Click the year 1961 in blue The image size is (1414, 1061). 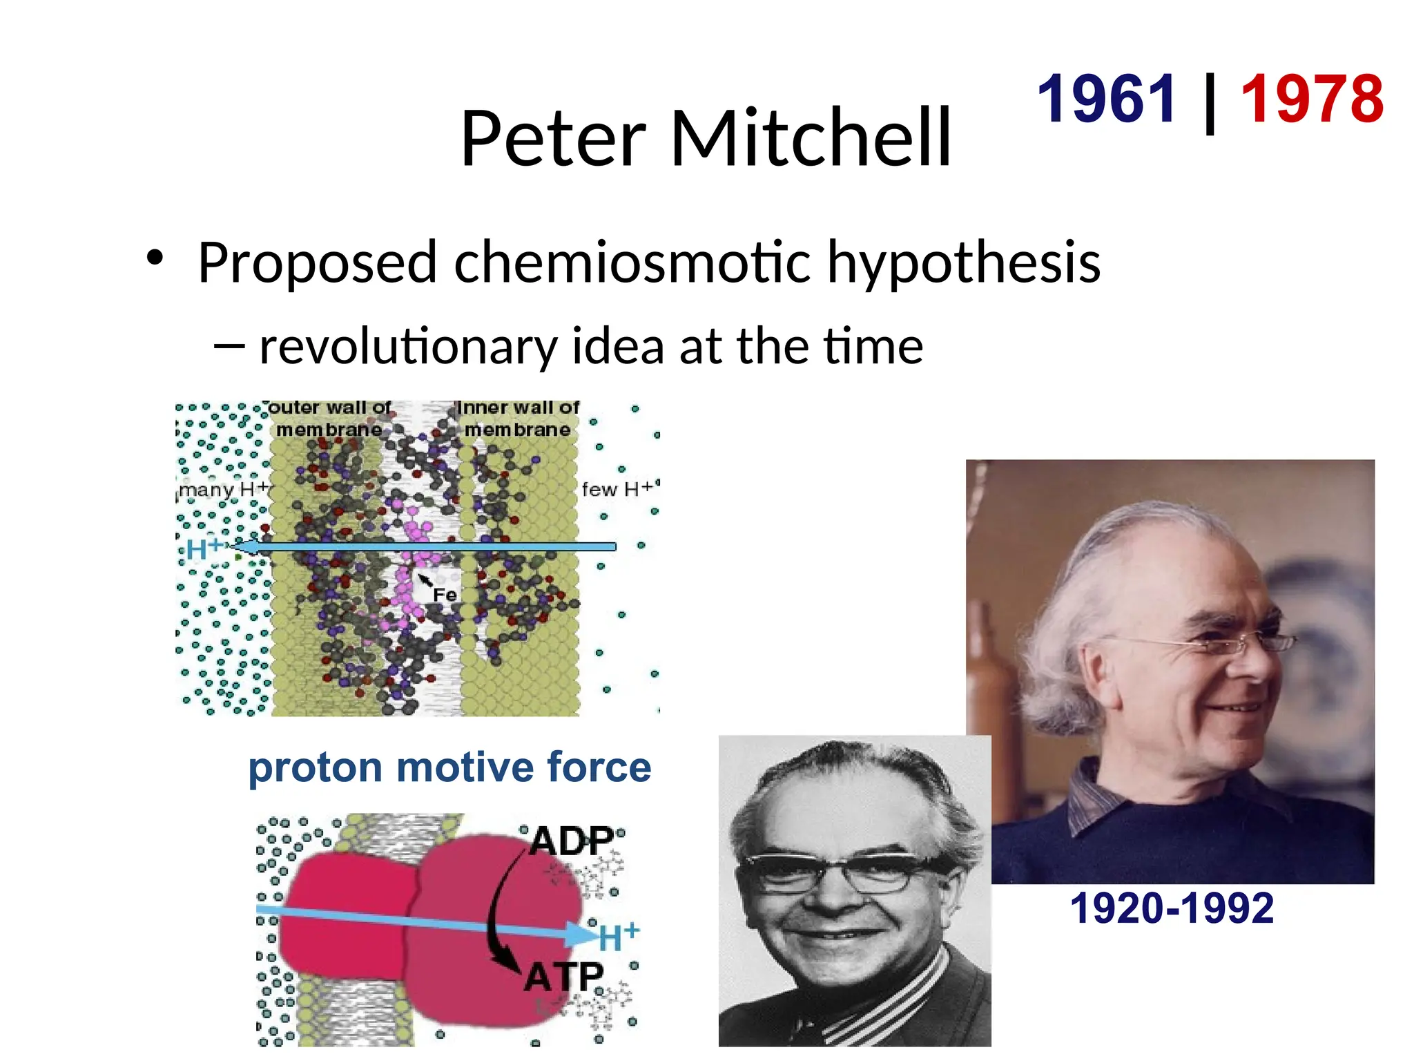[1107, 99]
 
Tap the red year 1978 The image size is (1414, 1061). [1313, 99]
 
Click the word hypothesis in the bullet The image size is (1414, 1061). [963, 264]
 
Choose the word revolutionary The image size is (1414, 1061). [408, 347]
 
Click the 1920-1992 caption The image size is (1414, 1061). [1172, 908]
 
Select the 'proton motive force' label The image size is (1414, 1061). [449, 767]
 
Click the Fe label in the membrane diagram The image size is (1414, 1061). [445, 595]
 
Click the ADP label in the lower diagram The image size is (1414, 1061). [572, 841]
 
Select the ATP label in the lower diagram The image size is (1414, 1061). [563, 977]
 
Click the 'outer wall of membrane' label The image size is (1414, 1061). [329, 419]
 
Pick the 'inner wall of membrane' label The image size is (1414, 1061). [518, 419]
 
